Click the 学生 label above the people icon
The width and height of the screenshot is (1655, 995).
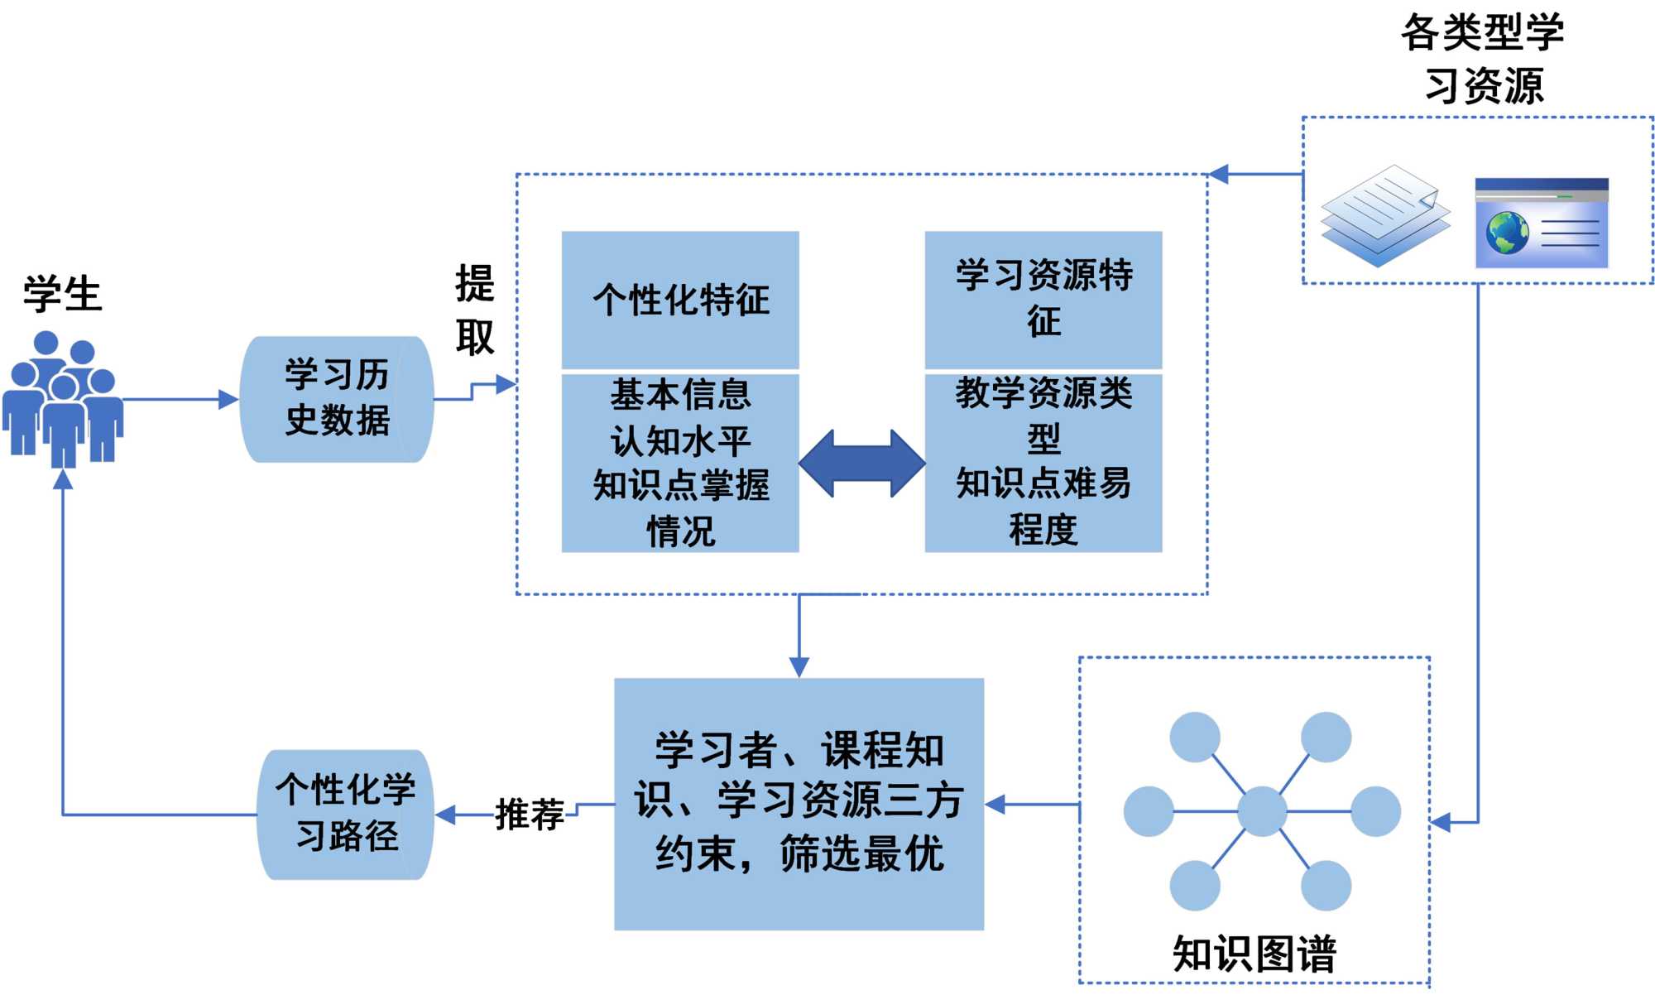(63, 295)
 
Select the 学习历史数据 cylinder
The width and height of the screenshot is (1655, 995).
(337, 398)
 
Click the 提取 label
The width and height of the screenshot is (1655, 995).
(475, 310)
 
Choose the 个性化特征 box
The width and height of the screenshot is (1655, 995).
(680, 300)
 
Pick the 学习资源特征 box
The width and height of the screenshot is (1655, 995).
(1043, 299)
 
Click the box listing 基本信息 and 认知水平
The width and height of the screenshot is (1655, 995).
(680, 463)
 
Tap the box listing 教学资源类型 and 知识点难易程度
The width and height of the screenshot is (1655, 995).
(1043, 462)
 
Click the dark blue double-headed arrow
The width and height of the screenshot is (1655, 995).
(861, 464)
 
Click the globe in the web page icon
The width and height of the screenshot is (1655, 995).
(1507, 233)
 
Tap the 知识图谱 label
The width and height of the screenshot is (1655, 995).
(1254, 954)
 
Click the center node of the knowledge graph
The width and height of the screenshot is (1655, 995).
(1261, 811)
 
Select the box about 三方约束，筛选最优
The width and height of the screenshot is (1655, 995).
(799, 803)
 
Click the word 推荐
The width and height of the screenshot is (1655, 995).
(530, 815)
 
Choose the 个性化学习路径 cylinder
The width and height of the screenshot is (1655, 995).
(346, 814)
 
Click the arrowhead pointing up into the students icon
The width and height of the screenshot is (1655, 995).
(63, 478)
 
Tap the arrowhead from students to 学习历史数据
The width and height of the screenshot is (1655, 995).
(228, 400)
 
